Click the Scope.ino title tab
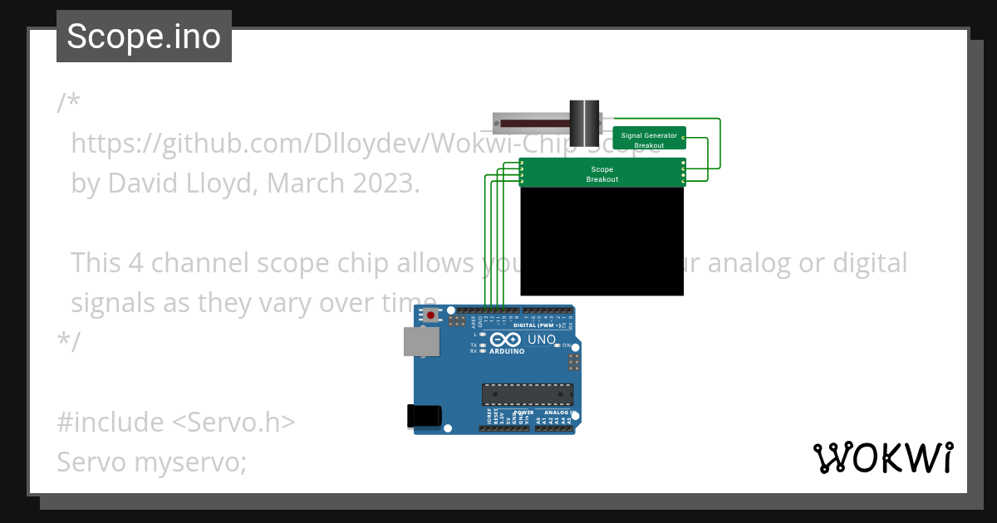tap(144, 37)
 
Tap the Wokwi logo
tap(882, 457)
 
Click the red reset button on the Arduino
tap(431, 315)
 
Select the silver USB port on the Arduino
tap(421, 341)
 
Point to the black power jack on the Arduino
tap(424, 416)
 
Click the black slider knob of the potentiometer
tap(584, 123)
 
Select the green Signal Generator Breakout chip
tap(649, 139)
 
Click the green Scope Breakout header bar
tap(602, 173)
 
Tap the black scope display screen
tap(602, 241)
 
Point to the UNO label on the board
tap(542, 340)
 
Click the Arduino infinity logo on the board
tap(505, 340)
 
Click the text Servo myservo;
tap(152, 462)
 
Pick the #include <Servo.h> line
tap(176, 422)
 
